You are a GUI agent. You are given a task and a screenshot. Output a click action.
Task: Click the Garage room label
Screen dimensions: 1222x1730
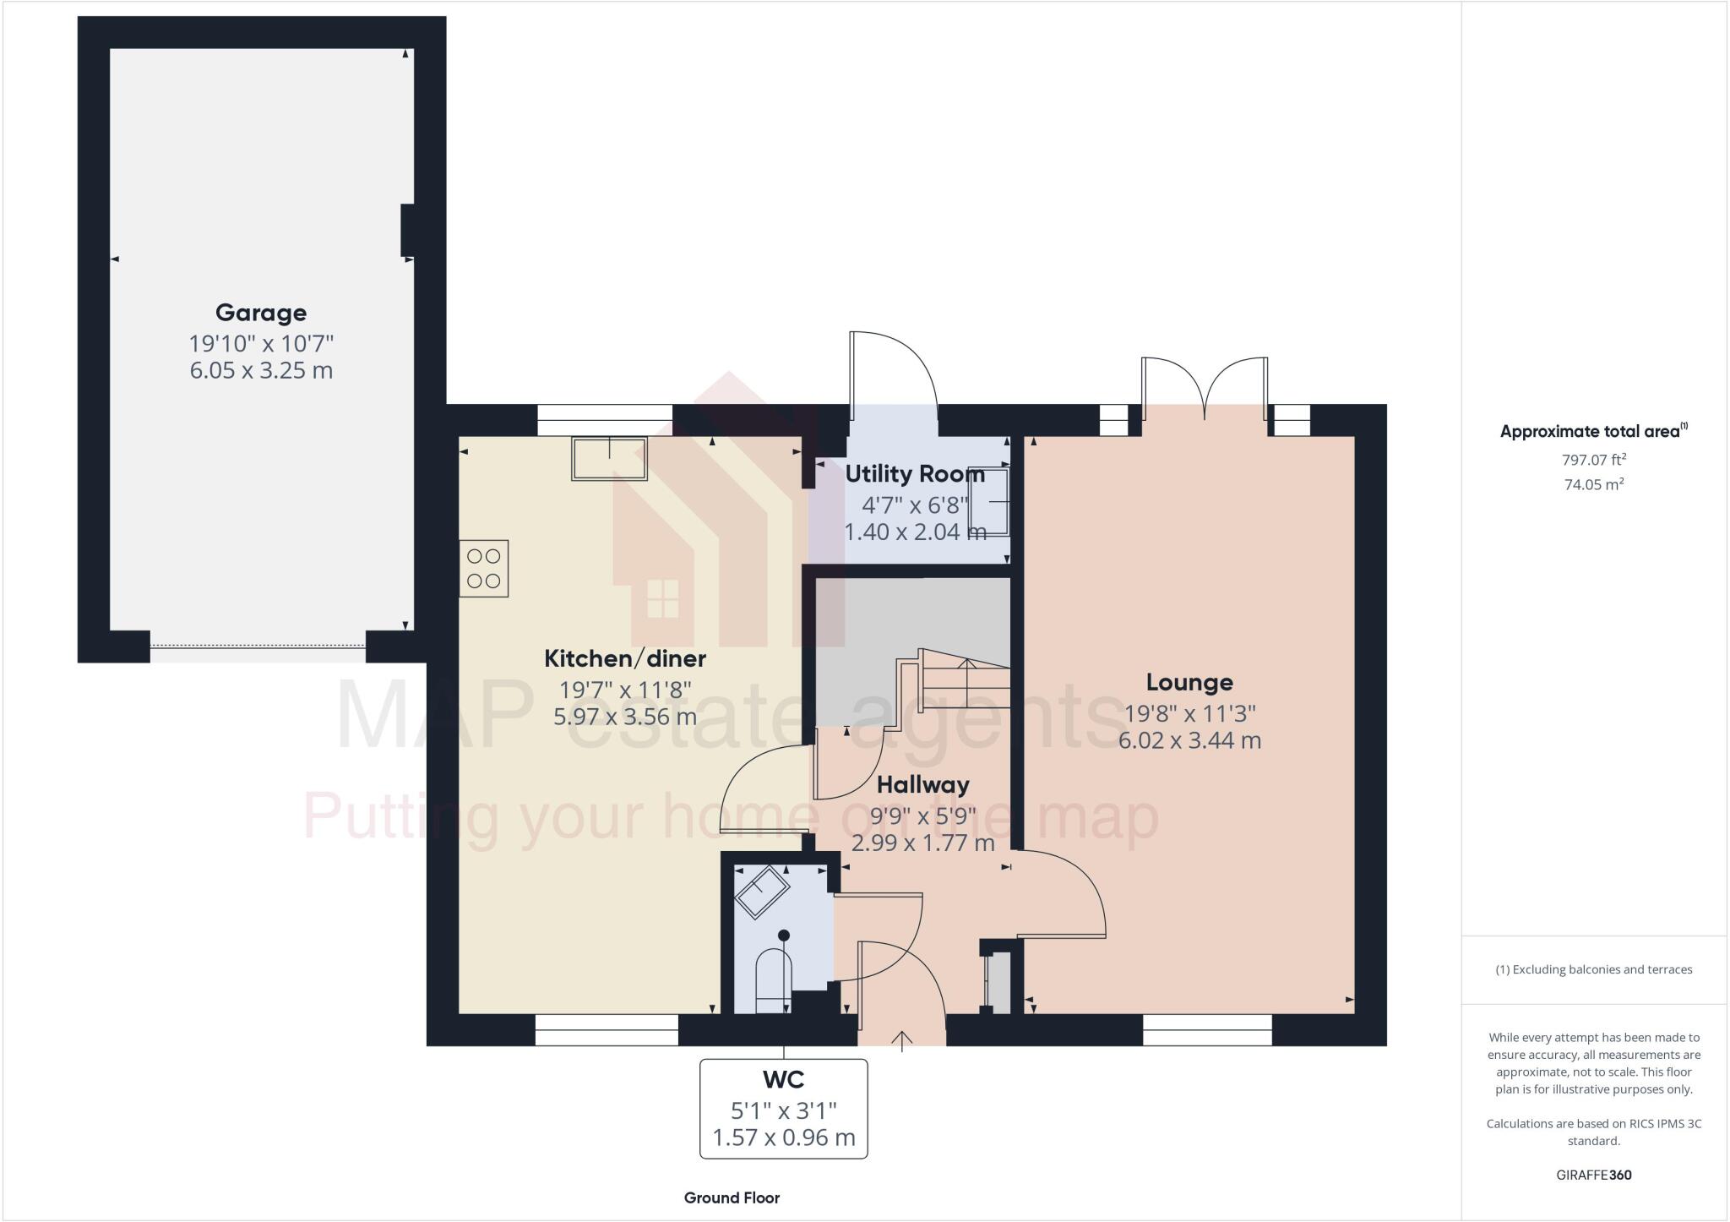261,313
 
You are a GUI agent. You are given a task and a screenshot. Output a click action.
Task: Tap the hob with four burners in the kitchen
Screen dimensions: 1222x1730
484,568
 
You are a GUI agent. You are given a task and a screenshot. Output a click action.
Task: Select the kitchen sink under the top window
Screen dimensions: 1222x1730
609,459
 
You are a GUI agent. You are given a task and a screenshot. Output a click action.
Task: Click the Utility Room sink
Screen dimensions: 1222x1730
989,502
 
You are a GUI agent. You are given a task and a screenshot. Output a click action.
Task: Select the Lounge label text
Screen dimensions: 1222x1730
1189,682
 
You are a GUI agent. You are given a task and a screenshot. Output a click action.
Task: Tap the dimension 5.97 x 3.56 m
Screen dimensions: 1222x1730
625,717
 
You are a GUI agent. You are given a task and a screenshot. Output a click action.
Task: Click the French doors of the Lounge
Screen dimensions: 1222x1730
1205,389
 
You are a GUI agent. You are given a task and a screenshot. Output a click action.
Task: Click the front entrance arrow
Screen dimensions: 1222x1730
902,1041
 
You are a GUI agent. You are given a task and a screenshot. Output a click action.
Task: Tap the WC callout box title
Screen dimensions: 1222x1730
784,1079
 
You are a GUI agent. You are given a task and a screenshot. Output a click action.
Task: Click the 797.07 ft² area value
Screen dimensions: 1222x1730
1593,460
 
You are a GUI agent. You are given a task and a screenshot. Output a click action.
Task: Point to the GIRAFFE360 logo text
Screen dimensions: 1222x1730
1593,1175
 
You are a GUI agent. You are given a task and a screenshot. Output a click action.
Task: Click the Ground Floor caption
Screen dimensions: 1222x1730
732,1197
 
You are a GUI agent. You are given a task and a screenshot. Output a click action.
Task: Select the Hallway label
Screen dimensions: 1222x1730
922,785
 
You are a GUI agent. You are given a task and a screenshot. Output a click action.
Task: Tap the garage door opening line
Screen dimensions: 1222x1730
258,646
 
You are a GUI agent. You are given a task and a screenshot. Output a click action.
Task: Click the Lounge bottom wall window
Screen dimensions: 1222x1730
1207,1030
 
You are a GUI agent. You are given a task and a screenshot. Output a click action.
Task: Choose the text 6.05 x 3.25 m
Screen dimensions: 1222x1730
261,371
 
